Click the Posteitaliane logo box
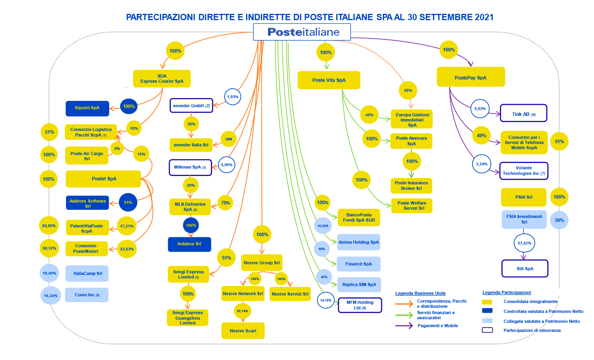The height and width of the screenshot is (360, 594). coord(302,32)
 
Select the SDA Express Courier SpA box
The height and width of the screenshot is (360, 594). coord(162,78)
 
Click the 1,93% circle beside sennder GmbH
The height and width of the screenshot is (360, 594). coord(233,97)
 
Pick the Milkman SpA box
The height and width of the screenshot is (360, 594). coord(190,167)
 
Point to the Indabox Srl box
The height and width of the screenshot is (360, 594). coord(189,244)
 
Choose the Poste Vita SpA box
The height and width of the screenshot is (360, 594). coord(329,80)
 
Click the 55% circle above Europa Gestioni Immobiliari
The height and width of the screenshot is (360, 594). coord(408,91)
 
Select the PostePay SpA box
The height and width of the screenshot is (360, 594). coord(471,77)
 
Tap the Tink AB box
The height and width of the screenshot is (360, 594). coord(524,113)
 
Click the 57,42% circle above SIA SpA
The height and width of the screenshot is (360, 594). coord(524,243)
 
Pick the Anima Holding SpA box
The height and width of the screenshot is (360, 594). coord(359,242)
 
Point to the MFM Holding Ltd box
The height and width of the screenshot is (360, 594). coord(360,305)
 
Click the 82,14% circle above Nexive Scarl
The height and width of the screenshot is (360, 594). coord(242,311)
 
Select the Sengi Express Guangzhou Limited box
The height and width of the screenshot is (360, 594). coord(187,318)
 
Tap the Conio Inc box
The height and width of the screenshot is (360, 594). coord(87,295)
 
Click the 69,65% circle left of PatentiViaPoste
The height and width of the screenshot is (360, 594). coord(49,225)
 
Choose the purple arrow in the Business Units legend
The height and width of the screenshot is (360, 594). coord(404,326)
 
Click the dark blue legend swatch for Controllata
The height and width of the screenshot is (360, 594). coord(487,311)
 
